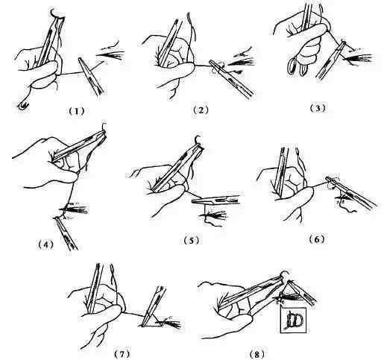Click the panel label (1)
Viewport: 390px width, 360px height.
[x=77, y=111]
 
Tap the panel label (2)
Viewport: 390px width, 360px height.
[x=201, y=110]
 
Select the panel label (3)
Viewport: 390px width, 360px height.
[x=318, y=108]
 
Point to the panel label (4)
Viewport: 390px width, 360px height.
[x=45, y=244]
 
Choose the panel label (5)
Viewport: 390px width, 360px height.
[x=191, y=240]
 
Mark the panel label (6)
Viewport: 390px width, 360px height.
[x=317, y=239]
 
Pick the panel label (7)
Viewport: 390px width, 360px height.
[x=122, y=353]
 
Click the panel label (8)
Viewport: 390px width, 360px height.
[x=257, y=353]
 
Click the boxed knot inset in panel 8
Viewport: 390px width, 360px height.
[x=293, y=320]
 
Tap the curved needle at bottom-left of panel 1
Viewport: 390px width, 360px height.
[x=23, y=106]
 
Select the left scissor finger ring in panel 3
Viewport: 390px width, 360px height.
[x=292, y=65]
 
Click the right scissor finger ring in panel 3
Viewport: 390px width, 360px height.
[x=303, y=69]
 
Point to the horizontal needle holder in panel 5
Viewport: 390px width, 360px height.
[x=217, y=200]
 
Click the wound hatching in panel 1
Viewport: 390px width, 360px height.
[x=110, y=53]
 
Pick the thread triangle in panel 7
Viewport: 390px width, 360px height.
[x=153, y=320]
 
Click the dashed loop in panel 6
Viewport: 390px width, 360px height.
[x=332, y=184]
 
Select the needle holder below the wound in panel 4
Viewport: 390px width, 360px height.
[x=66, y=233]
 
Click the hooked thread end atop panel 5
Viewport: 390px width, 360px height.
[x=198, y=139]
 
